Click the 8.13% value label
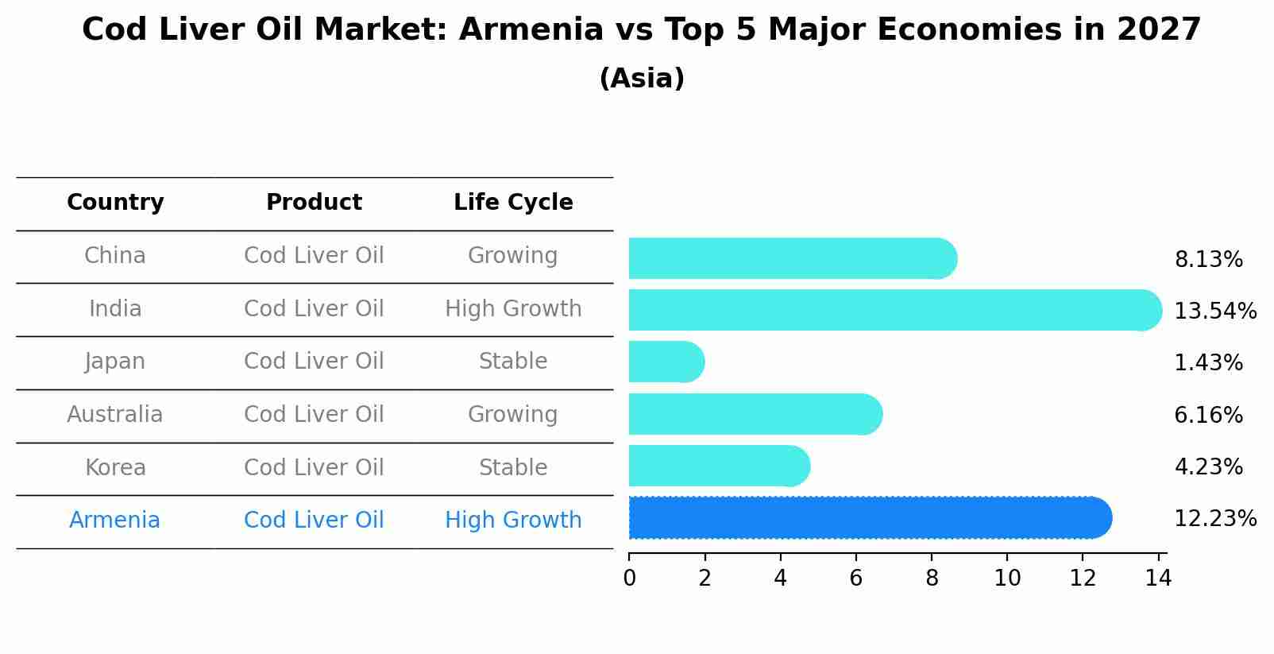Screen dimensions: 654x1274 1208,260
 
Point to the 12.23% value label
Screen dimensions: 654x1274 1214,519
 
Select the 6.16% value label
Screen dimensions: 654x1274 1208,415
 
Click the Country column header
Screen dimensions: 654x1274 115,203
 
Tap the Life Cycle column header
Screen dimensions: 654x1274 513,203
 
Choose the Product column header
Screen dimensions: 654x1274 314,203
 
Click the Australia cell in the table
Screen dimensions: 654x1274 115,415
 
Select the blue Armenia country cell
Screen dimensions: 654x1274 115,520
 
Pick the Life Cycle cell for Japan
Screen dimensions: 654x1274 513,362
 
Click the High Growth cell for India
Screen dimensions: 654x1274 513,309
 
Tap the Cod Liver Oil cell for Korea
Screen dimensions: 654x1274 314,468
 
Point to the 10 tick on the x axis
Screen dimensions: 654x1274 1007,579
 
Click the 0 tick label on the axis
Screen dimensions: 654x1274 629,579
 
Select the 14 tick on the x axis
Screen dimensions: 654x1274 1158,579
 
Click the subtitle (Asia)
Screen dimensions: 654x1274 642,79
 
